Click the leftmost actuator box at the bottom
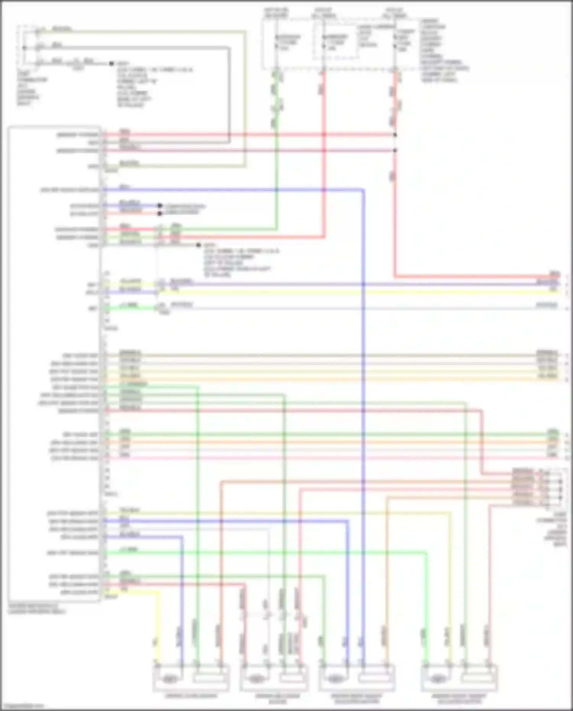coord(191,678)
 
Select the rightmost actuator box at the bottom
coord(459,678)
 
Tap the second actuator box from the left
coord(274,678)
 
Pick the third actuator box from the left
coord(357,678)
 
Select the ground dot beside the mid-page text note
coord(198,245)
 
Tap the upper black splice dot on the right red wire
coord(395,135)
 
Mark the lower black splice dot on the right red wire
coord(395,151)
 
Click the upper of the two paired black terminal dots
coord(160,206)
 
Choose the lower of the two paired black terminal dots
coord(160,213)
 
